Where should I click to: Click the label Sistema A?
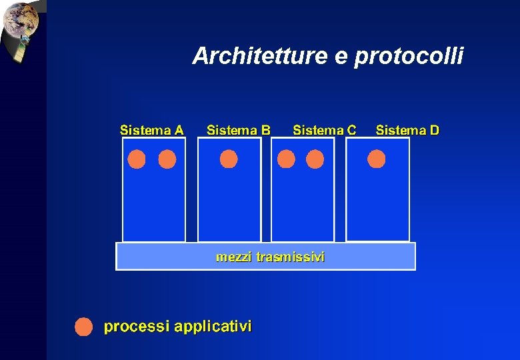[x=151, y=130]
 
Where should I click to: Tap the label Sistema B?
[x=239, y=130]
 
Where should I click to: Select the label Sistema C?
[x=325, y=130]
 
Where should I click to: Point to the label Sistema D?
[x=407, y=130]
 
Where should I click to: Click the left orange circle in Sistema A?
[x=137, y=159]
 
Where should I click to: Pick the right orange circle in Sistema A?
[x=167, y=159]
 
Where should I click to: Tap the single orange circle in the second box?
[x=229, y=159]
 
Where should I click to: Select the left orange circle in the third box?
[x=286, y=159]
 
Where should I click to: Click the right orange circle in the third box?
[x=315, y=159]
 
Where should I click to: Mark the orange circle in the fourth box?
[x=377, y=159]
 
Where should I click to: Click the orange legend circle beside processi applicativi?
[x=83, y=327]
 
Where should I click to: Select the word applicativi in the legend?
[x=213, y=327]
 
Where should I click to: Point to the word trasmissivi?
[x=291, y=257]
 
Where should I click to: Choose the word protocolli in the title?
[x=409, y=57]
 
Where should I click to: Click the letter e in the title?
[x=341, y=58]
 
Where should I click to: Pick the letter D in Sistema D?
[x=434, y=130]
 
